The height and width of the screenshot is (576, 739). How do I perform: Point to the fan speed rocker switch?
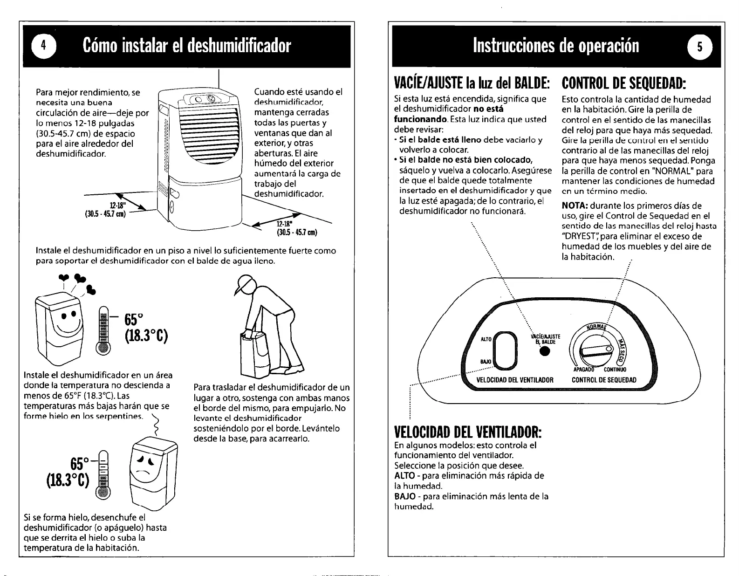click(506, 348)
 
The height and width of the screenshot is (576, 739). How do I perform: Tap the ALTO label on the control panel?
click(486, 340)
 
